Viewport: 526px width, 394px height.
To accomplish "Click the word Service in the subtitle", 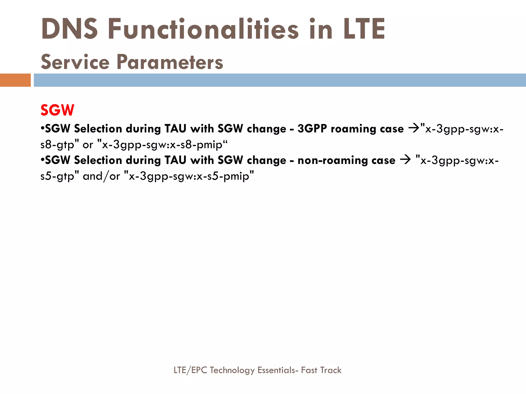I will click(75, 62).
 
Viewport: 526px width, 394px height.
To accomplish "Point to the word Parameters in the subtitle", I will click(170, 62).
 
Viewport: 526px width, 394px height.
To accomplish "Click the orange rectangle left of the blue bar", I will click(15, 80).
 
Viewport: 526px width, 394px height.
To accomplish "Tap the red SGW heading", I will click(57, 110).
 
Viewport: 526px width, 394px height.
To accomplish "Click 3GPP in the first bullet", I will click(312, 129).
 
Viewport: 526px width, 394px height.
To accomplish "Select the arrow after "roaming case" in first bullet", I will click(414, 128).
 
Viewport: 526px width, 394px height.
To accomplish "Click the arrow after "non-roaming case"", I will click(405, 160).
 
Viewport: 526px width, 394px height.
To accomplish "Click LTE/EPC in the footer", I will click(190, 370).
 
